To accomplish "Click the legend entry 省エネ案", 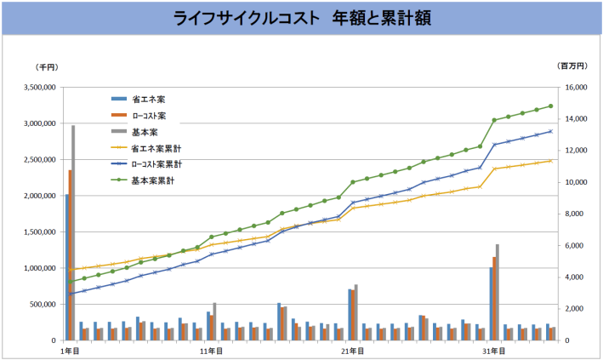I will pyautogui.click(x=149, y=100).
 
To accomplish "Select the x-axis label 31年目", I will pyautogui.click(x=492, y=351).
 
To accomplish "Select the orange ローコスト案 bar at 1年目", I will pyautogui.click(x=70, y=255).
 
